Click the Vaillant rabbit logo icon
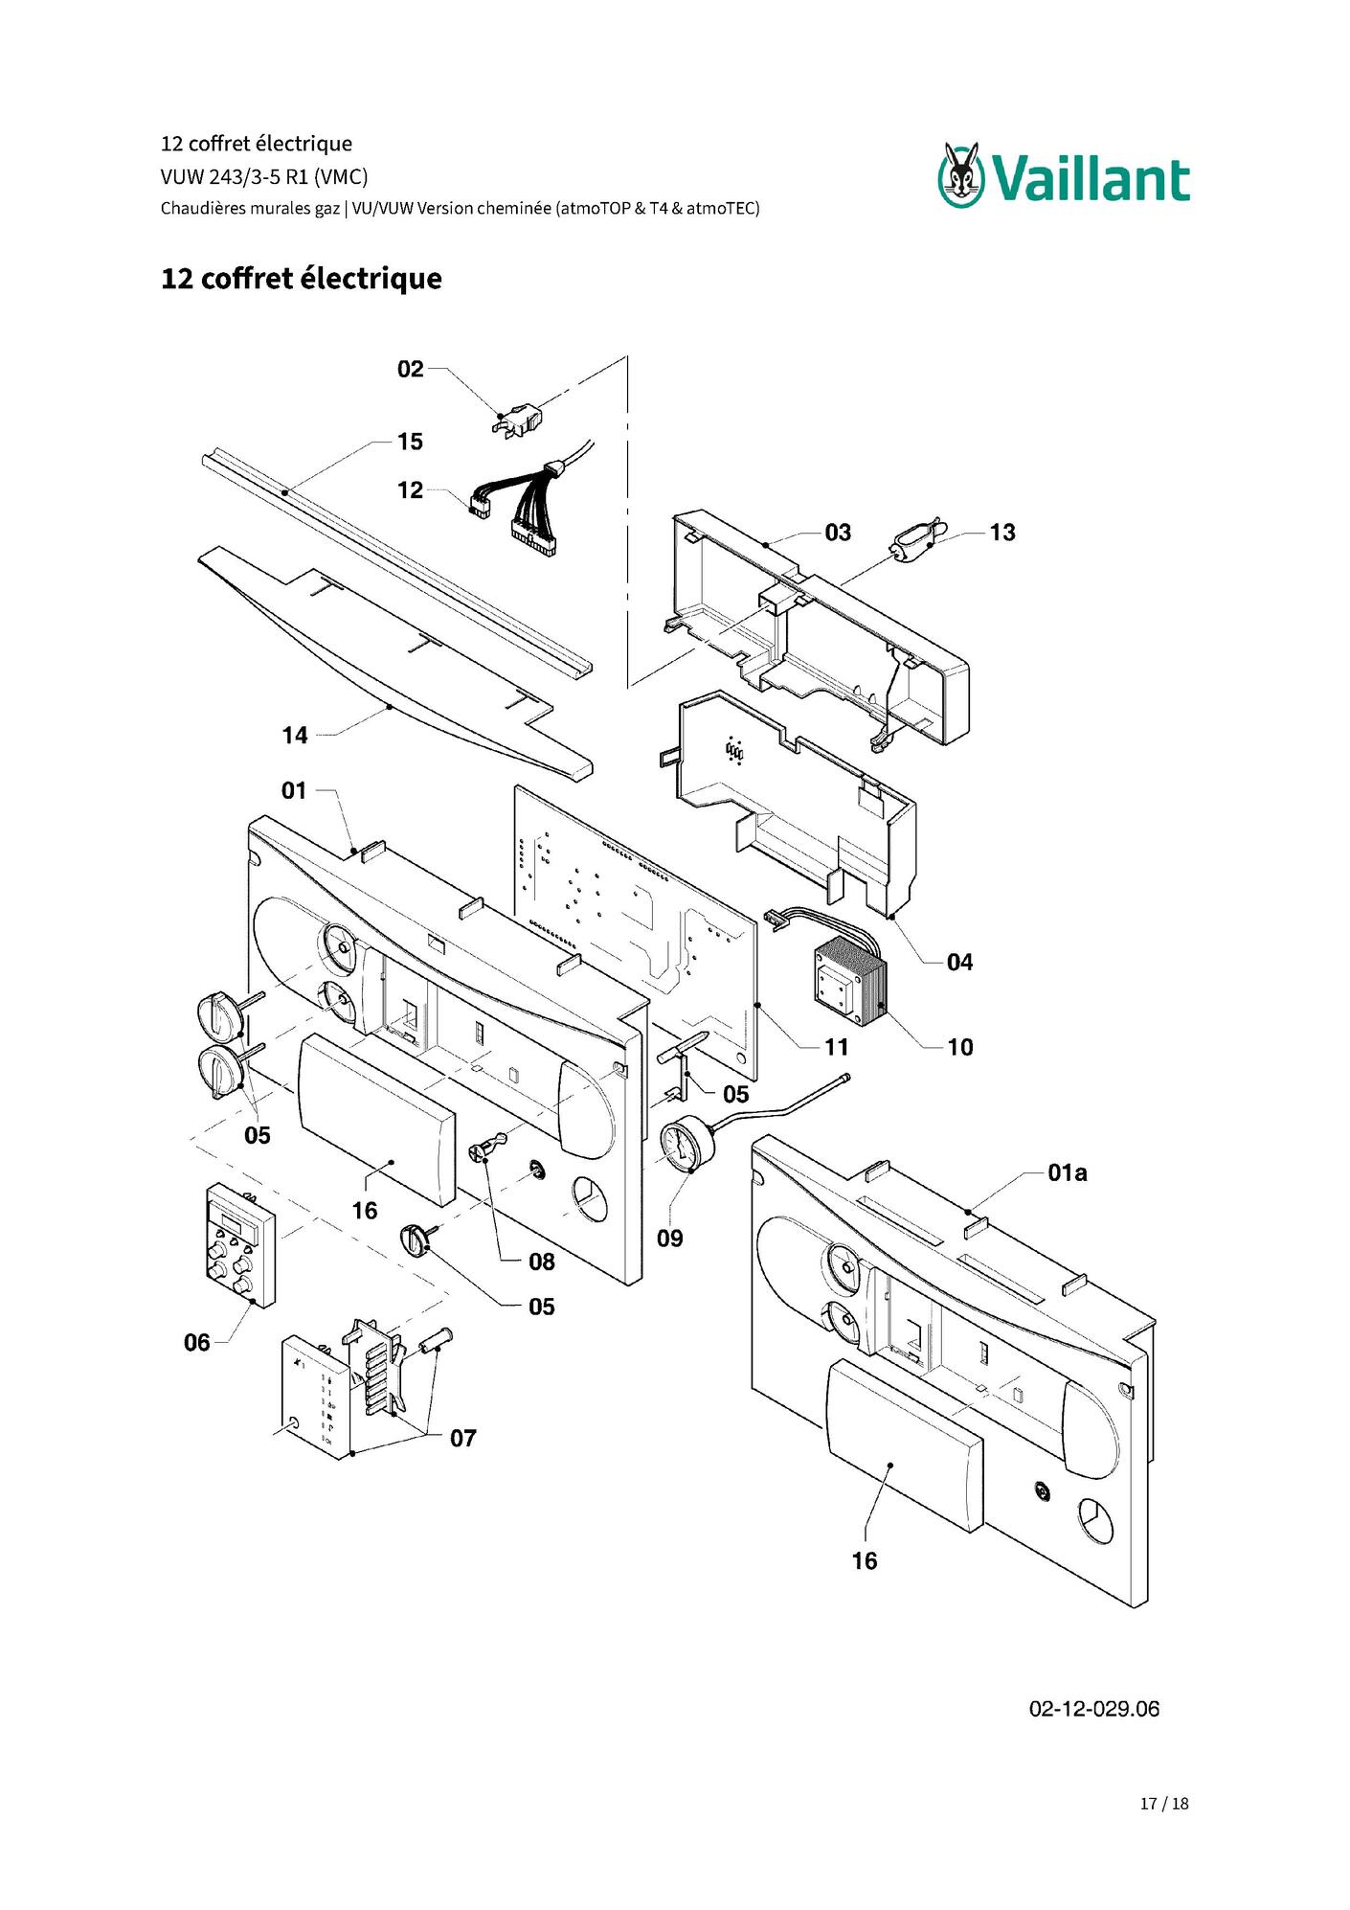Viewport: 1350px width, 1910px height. (x=960, y=174)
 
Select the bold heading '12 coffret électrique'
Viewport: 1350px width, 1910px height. (x=302, y=279)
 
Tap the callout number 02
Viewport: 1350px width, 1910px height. (x=411, y=369)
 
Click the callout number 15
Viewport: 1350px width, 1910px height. (x=411, y=442)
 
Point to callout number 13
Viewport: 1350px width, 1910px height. (x=1002, y=533)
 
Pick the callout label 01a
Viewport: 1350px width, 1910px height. (x=1068, y=1172)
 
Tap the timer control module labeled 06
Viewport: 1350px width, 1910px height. (x=239, y=1245)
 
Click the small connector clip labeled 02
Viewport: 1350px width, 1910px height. (x=519, y=421)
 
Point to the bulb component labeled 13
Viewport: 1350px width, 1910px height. (x=918, y=542)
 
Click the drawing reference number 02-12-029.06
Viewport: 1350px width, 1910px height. (x=1094, y=1709)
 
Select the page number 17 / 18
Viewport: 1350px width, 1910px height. (x=1164, y=1804)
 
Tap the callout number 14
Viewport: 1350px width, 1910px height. (x=295, y=736)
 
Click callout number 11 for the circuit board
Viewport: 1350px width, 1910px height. (x=837, y=1047)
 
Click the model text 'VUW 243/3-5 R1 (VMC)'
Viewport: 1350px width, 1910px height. (x=264, y=176)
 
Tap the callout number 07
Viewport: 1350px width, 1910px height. (x=463, y=1438)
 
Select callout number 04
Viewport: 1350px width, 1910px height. (x=959, y=962)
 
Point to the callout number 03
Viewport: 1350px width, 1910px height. (x=838, y=533)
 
